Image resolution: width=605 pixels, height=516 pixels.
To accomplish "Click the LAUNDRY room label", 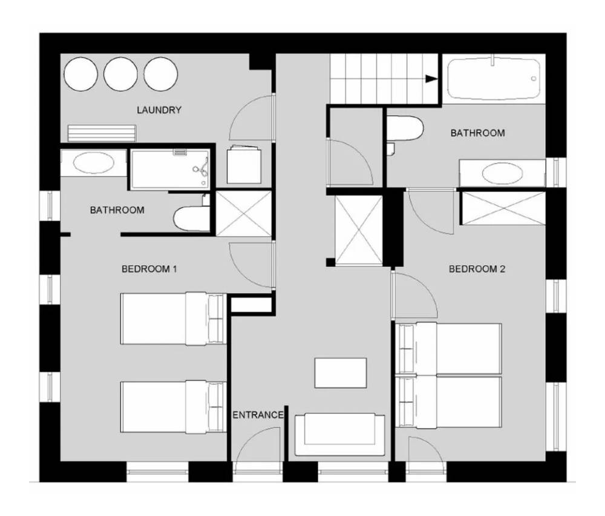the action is pos(159,110).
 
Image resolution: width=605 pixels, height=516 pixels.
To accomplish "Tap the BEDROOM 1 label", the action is pos(149,269).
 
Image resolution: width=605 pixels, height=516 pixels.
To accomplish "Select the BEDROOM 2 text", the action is pos(477,269).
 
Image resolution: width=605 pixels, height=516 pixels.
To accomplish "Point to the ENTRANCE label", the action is pos(258,415).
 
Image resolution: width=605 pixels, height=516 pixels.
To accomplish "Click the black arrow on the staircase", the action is pos(431,79).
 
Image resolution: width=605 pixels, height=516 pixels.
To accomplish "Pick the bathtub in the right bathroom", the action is pos(494,78).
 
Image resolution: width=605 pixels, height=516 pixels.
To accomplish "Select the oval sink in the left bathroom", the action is pos(93,162).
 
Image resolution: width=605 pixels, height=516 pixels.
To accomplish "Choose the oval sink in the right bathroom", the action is pos(502,173).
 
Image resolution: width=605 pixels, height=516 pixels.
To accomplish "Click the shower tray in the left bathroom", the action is pos(170,170).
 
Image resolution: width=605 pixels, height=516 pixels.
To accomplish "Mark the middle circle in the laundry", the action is pos(120,74).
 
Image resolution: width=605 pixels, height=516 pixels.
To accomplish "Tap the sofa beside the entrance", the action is pos(339,434).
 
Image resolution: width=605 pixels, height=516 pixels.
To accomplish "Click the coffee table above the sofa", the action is pos(340,373).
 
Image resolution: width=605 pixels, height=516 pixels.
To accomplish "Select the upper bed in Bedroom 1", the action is pos(173,319).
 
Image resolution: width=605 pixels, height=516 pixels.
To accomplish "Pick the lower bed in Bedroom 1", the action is pos(173,407).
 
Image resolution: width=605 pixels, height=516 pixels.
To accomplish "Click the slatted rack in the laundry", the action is pos(102,133).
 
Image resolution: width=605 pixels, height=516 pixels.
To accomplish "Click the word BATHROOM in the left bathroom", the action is pos(117,210).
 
